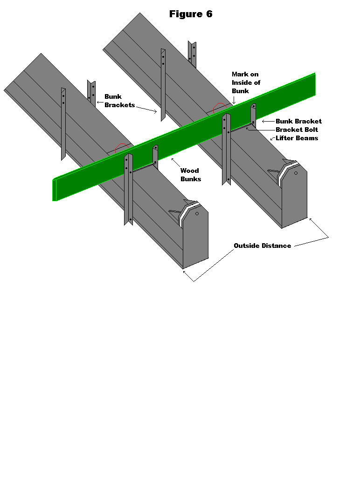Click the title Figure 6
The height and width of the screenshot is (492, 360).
point(191,14)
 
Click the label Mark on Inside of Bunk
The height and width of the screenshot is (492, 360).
point(246,82)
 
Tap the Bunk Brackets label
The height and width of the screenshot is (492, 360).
point(119,101)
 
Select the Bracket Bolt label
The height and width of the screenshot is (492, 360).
point(297,130)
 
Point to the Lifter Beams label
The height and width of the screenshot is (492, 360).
point(297,138)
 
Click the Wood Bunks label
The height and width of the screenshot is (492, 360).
point(190,175)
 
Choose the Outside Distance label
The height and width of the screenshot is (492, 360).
point(262,246)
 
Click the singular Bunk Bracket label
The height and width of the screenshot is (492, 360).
point(298,121)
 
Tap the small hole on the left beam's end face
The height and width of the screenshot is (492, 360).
point(197,214)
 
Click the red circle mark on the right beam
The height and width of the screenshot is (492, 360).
point(219,108)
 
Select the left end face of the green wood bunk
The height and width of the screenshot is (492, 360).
point(54,190)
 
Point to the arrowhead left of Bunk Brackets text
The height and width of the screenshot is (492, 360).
point(98,101)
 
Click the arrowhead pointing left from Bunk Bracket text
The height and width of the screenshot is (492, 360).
point(264,121)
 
